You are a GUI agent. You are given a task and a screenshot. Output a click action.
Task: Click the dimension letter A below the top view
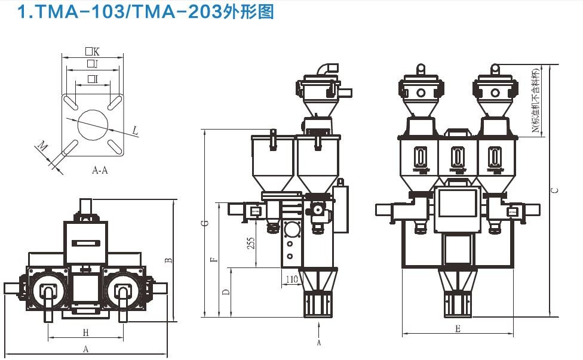coord(85,348)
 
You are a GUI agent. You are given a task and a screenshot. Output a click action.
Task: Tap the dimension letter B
coord(169,260)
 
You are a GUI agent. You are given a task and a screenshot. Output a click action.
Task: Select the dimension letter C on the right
coord(555,190)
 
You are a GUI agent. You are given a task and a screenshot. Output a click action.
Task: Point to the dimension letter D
coord(225,293)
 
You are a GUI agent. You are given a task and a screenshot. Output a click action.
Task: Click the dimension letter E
coord(458,329)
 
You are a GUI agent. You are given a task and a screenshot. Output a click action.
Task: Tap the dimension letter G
coord(205,223)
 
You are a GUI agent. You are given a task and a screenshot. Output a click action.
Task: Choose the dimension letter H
coord(85,332)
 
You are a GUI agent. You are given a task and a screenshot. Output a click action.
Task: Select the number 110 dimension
coord(291,279)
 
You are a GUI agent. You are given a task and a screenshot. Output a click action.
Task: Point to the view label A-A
coord(100,170)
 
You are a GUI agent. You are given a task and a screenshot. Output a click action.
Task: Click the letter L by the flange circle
coord(135,130)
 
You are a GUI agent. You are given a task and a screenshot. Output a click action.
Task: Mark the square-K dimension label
coord(92,52)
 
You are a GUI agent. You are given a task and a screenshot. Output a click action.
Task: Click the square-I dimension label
coord(92,79)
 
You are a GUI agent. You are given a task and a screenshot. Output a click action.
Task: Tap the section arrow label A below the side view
coord(319,343)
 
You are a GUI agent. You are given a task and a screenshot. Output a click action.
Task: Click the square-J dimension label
coord(92,64)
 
